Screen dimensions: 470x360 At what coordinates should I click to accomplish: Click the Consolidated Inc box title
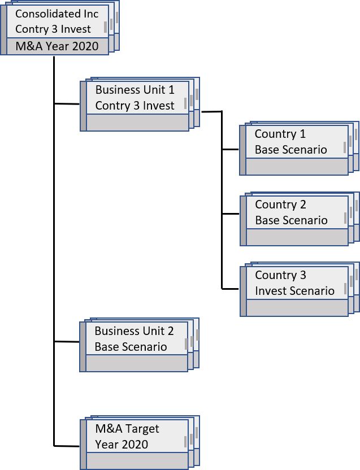coord(57,14)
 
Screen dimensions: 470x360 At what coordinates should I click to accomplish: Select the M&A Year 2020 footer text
coord(57,46)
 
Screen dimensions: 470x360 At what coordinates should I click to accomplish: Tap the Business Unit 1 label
coord(135,89)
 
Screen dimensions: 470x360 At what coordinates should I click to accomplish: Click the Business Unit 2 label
coord(134,331)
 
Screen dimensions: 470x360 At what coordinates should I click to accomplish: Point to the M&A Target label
coord(127,429)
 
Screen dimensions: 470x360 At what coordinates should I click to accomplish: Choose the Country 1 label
coord(280,134)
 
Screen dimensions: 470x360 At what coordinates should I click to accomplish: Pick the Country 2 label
coord(280,204)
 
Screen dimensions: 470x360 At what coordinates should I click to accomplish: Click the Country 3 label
coord(280,275)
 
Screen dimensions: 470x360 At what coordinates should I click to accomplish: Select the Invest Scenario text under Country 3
coord(294,291)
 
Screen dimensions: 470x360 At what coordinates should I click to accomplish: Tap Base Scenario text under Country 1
coord(290,150)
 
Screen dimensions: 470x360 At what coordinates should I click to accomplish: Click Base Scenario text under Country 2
coord(291,220)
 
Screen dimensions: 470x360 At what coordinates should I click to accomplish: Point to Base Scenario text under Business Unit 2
coord(131,347)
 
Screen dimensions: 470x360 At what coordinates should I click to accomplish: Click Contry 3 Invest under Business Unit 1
coord(135,106)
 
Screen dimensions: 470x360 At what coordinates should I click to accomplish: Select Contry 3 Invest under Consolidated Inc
coord(53,29)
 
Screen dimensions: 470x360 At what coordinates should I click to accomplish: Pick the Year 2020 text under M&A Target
coord(122,445)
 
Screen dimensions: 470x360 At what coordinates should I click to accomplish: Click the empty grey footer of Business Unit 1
coord(137,123)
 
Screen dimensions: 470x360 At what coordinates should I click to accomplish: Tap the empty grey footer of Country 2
coord(297,237)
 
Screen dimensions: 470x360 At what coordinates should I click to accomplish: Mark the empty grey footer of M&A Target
coord(137,460)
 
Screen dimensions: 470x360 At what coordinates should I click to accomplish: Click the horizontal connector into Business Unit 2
coord(67,342)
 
